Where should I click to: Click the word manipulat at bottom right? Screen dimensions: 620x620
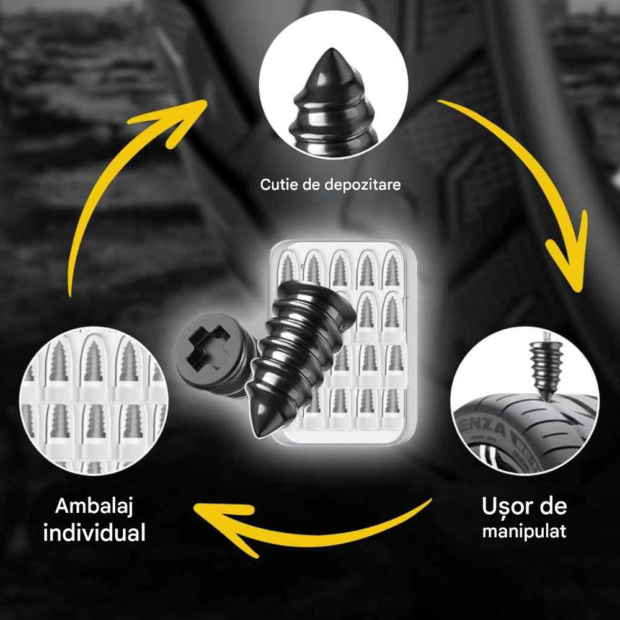[x=524, y=531]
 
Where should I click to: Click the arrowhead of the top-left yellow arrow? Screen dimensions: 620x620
[x=186, y=112]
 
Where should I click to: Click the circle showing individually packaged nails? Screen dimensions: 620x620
[x=93, y=403]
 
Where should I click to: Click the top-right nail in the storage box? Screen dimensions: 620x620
[x=390, y=268]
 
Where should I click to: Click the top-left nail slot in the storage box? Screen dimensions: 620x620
[x=286, y=268]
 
